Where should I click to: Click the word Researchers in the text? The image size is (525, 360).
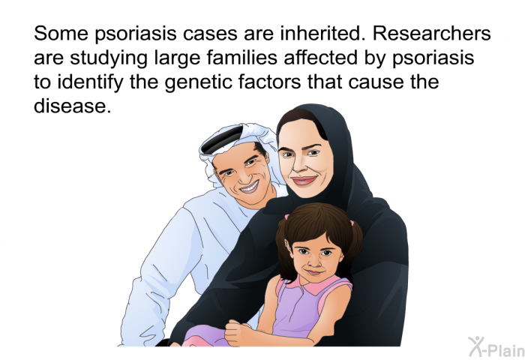coord(432,33)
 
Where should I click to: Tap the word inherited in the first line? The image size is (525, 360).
coord(322,33)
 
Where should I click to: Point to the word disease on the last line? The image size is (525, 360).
coord(72,106)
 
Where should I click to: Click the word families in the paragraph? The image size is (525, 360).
coord(242,58)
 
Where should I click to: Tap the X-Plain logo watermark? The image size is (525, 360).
coord(496,346)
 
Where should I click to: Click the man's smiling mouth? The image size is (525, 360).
coord(250,187)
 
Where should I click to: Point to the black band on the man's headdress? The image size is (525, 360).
coord(223,140)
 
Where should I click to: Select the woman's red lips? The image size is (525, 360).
coord(304,181)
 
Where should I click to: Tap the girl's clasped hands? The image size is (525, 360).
coord(238,332)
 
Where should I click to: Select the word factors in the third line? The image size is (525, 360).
coord(269,82)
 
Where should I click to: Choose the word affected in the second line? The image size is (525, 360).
coord(321,58)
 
